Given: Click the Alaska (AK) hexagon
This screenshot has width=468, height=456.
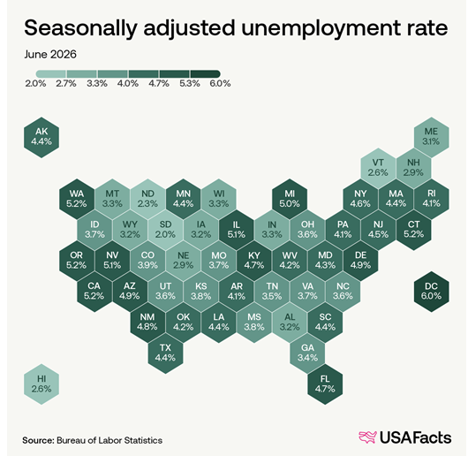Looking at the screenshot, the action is point(42,137).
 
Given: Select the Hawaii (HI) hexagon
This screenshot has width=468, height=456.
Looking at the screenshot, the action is point(42,384).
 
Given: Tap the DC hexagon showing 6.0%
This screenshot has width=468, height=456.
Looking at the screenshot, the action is point(431,292).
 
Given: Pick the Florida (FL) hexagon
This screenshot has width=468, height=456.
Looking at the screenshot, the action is point(325,384).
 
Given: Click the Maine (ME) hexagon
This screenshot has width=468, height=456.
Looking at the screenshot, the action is point(431,137).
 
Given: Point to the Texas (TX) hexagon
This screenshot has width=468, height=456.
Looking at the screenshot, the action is point(165,353).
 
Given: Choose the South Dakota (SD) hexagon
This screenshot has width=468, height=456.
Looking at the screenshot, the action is point(165,230).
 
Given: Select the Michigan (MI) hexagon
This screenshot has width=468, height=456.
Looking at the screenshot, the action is point(290,199).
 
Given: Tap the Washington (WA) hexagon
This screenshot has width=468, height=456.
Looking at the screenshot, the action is point(77,199).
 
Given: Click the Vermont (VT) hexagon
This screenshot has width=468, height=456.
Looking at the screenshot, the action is point(378,168).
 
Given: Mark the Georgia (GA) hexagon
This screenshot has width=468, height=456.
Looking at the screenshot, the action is point(307,353).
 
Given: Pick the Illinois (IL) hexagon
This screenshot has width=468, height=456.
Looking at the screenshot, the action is point(237,230).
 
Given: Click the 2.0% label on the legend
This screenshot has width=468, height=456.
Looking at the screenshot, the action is point(35,83).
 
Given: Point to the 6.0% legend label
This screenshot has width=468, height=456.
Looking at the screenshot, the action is point(220,83).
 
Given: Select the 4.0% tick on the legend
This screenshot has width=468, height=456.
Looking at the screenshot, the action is point(128,83).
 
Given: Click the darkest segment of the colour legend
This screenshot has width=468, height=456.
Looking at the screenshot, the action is point(206,74).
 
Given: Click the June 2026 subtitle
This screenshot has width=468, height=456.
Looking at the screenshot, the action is point(50,55).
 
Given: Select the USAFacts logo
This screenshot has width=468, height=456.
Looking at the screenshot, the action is point(404,437).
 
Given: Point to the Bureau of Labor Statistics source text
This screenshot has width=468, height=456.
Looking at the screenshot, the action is point(109,440).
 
